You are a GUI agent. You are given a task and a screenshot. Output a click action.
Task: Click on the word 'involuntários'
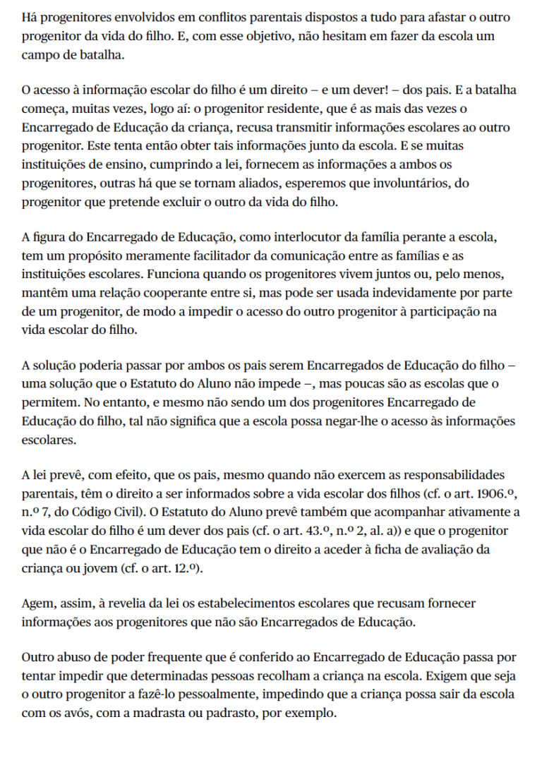[x=402, y=183]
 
